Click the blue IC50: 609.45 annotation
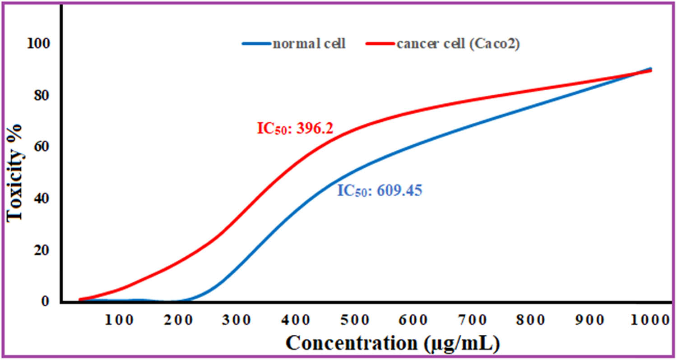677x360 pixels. click(380, 191)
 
